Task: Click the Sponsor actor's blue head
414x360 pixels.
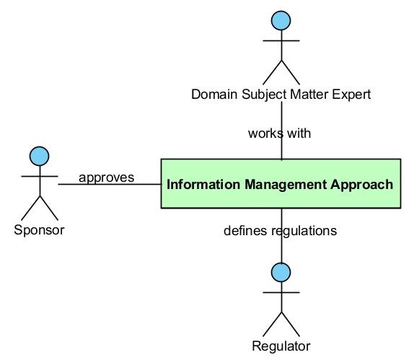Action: [40, 156]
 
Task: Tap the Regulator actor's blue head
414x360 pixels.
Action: [281, 272]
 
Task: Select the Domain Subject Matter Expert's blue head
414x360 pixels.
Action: [281, 21]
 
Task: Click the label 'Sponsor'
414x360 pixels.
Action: [39, 230]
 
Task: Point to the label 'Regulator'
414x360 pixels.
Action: [281, 346]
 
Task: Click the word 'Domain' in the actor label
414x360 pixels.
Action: [214, 95]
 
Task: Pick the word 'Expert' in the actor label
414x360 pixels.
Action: [351, 95]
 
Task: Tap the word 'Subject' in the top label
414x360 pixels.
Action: [264, 95]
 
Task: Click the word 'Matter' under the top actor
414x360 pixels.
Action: [309, 95]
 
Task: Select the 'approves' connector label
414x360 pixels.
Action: [107, 177]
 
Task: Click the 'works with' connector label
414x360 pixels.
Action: [279, 133]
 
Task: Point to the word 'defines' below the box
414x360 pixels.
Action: [245, 231]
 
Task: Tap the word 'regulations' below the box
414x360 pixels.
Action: [304, 231]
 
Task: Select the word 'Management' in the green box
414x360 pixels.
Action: [286, 185]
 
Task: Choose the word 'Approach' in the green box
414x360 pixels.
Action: [362, 185]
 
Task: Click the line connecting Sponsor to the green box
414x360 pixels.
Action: [110, 184]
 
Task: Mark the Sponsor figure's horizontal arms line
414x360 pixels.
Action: [40, 176]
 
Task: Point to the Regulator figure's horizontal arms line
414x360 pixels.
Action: [281, 292]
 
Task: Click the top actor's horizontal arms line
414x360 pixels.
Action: [281, 40]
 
